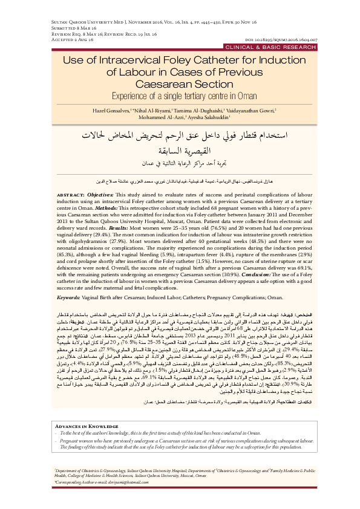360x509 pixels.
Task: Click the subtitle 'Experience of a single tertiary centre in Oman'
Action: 180,96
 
